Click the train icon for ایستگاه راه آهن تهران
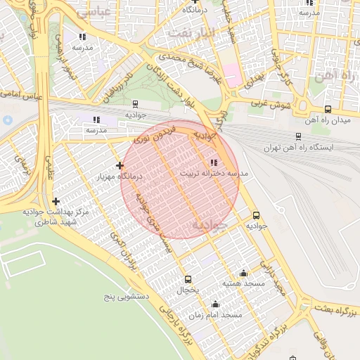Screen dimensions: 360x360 [x=299, y=136]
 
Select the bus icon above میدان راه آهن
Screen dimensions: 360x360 [x=328, y=109]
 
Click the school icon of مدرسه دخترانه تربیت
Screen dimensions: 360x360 [x=214, y=162]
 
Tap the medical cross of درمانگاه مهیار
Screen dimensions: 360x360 [x=120, y=165]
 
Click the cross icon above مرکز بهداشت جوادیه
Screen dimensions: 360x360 [x=56, y=201]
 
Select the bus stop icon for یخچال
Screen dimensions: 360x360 [x=187, y=278]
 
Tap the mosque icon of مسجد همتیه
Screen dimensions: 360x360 [x=243, y=273]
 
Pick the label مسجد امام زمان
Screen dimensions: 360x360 [x=221, y=315]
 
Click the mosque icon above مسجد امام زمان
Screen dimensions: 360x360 [x=215, y=304]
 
